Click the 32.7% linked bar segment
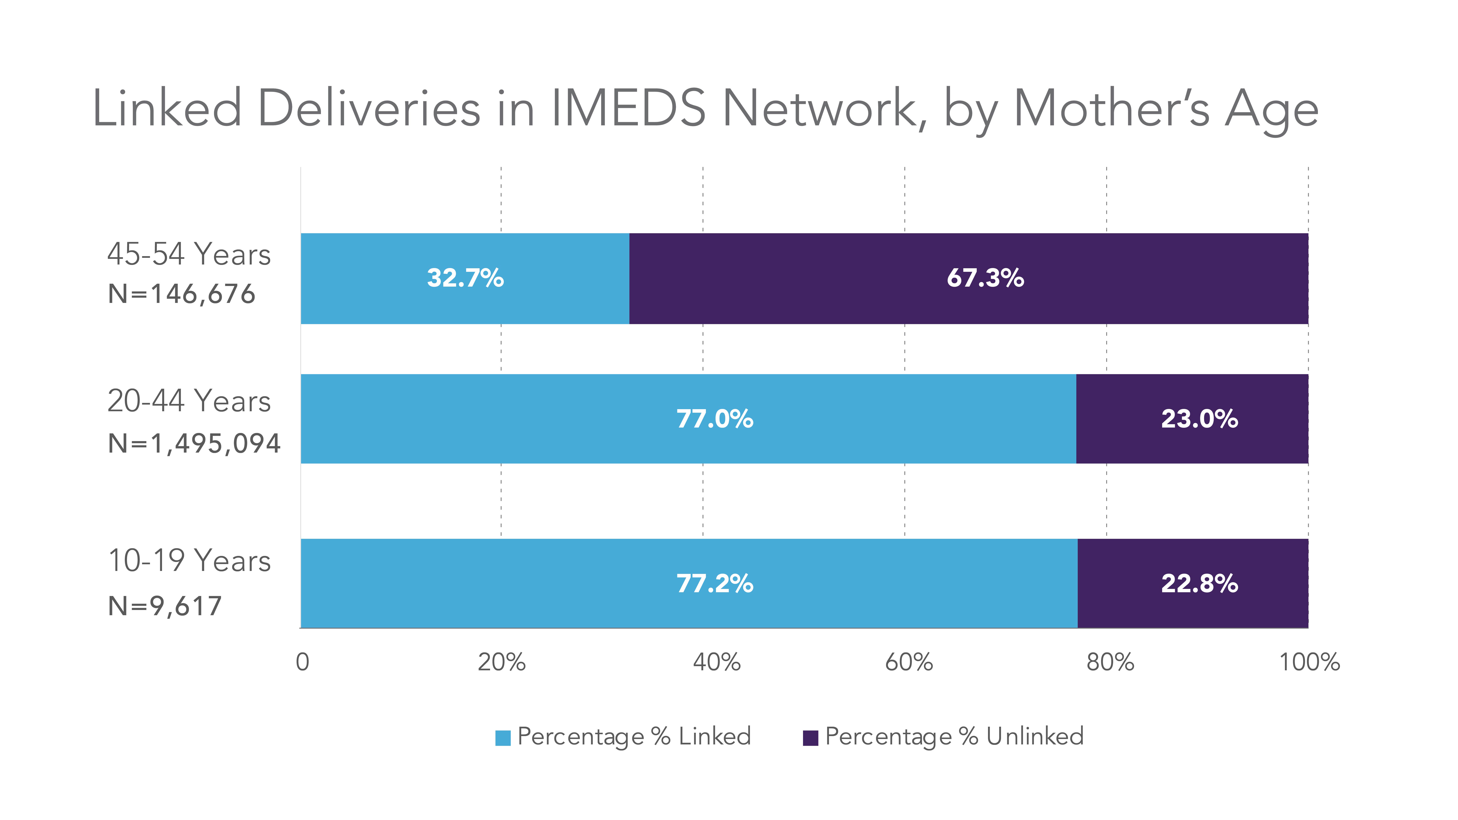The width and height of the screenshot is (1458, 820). (465, 278)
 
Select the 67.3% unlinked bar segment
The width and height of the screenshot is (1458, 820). (968, 278)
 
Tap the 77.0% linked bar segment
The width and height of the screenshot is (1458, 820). (688, 419)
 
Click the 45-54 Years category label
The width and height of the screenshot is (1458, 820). (189, 254)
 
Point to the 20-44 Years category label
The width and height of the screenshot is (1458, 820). (189, 401)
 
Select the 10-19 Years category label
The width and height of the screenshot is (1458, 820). (189, 561)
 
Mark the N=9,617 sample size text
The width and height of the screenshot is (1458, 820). (165, 606)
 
